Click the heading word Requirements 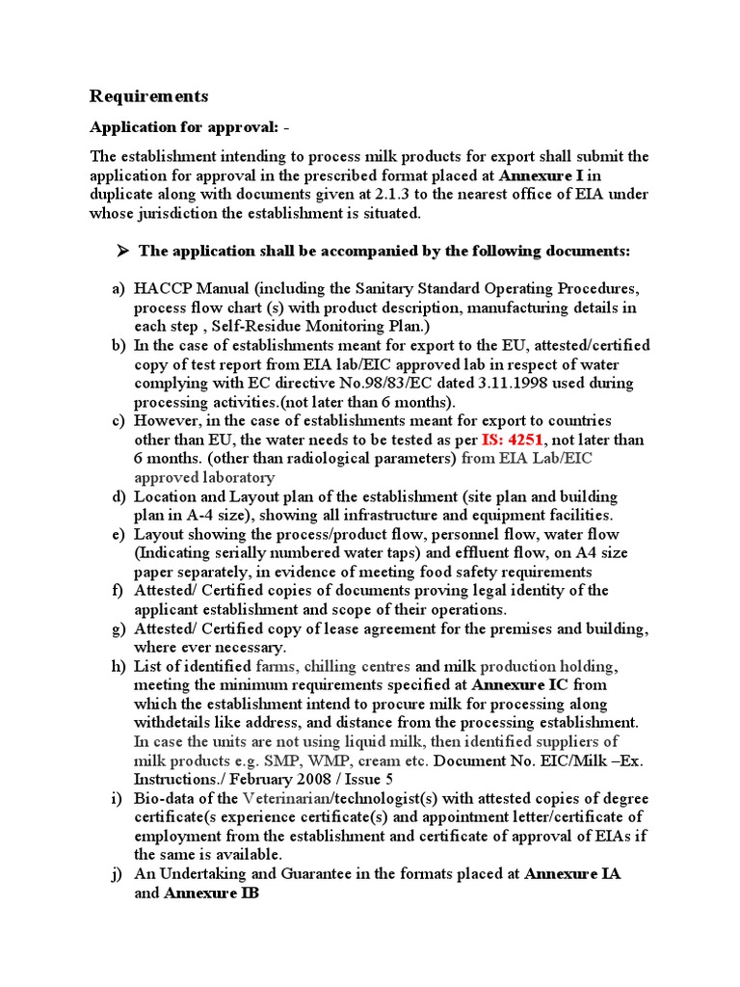pos(148,96)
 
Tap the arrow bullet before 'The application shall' pos(122,251)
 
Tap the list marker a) pos(119,289)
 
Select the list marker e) pos(119,534)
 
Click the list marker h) pos(119,666)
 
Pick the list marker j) pos(119,874)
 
